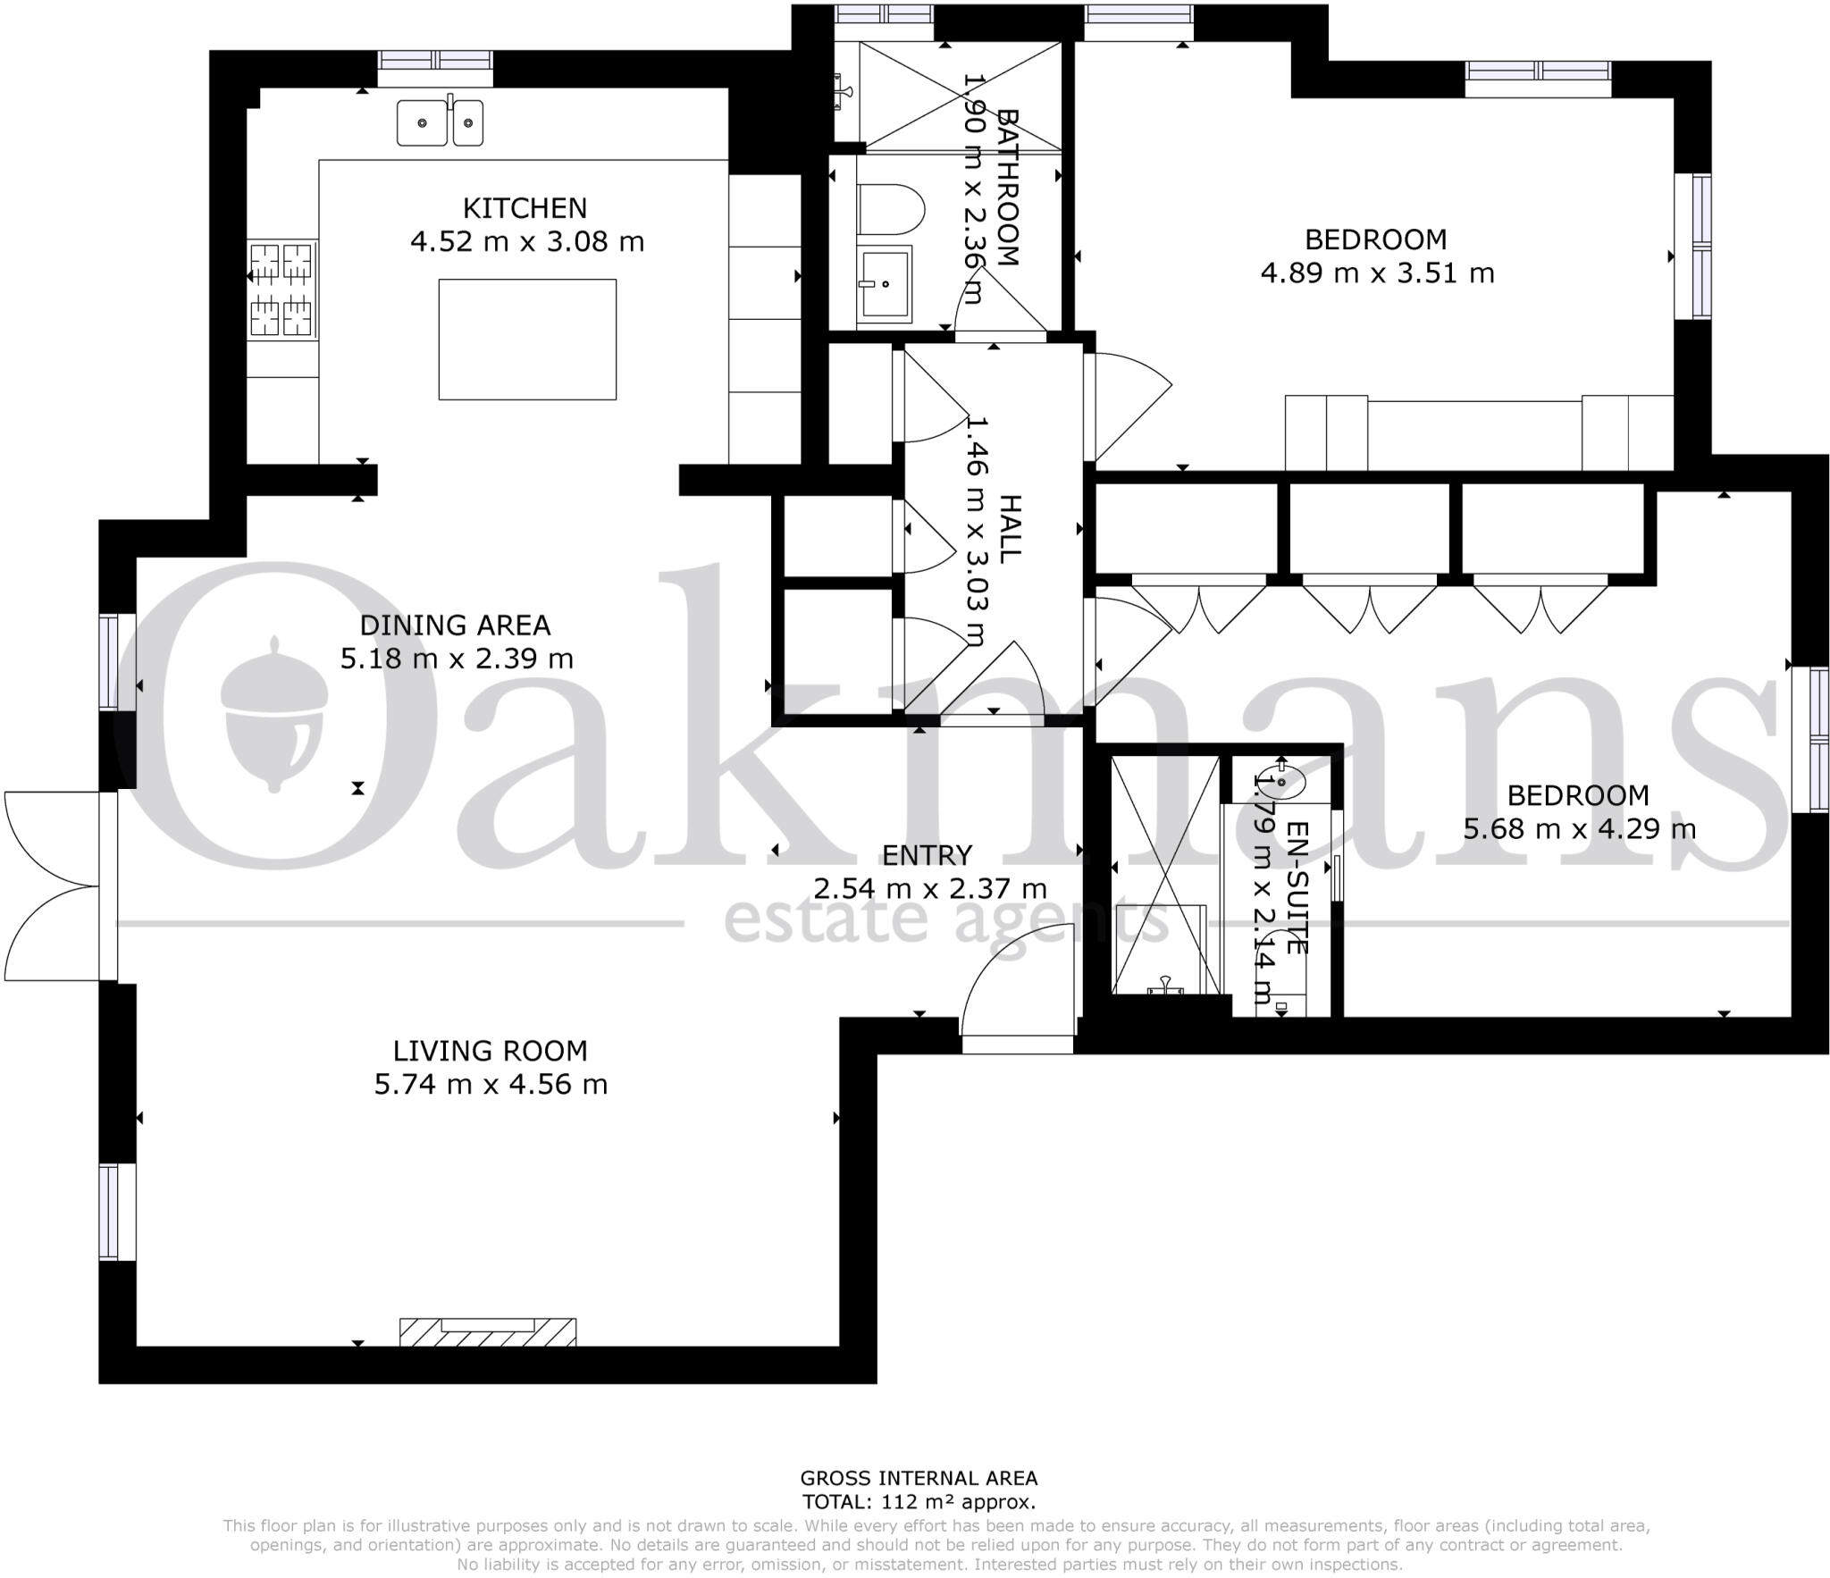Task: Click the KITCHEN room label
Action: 525,208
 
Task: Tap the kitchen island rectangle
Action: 527,340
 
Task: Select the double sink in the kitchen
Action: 441,122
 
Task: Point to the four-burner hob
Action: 281,290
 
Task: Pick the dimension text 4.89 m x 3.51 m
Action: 1377,273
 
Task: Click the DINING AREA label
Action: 455,625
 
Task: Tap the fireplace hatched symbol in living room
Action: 488,1331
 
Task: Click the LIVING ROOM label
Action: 491,1050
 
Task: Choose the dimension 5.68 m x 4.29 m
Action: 1579,829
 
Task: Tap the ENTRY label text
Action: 927,855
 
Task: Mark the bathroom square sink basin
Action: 885,284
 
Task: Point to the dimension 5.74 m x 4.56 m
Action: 491,1084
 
